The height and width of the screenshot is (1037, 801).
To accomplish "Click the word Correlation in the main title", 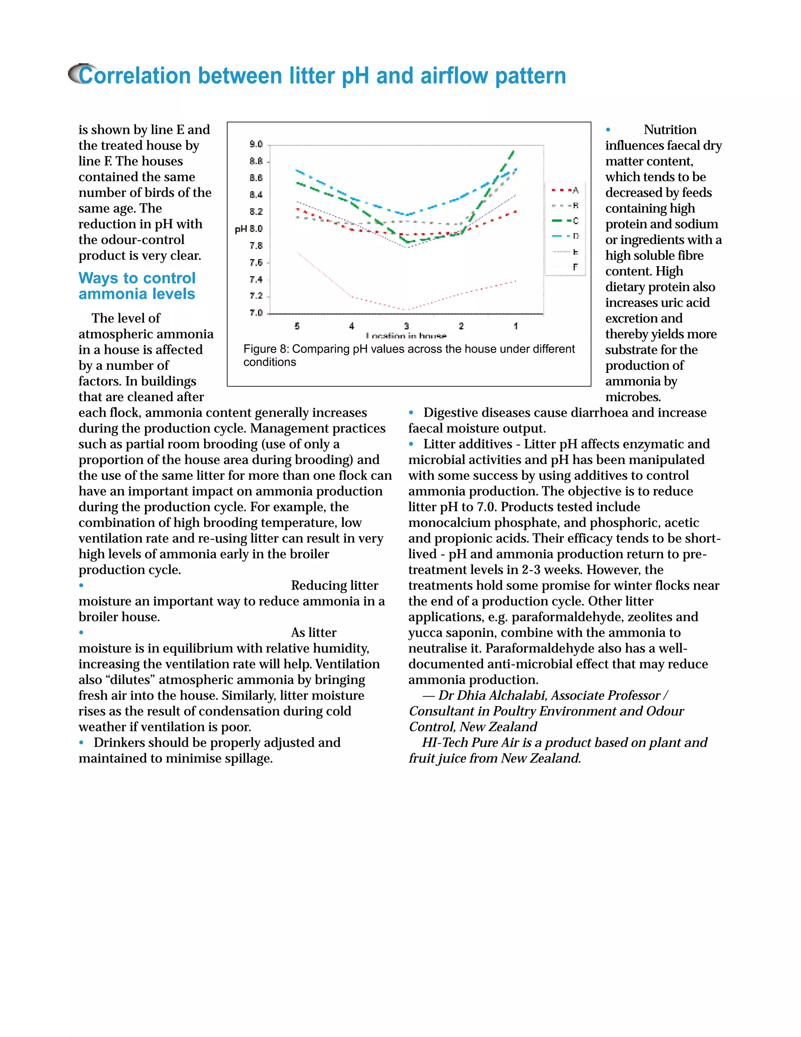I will click(x=133, y=76).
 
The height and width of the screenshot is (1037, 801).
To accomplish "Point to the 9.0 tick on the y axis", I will click(x=256, y=144).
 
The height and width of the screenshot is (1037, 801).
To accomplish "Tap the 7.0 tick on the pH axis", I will click(x=256, y=313).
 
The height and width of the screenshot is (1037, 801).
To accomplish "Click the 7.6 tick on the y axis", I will click(x=256, y=263).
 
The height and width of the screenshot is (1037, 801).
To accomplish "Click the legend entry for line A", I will click(x=565, y=191).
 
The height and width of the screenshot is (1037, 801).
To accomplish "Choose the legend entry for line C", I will click(x=565, y=221).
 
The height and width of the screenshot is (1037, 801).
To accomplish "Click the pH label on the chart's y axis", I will click(x=241, y=229).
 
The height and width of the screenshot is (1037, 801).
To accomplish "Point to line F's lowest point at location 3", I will click(x=407, y=310).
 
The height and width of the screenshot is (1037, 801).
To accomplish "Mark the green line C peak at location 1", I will click(x=514, y=151).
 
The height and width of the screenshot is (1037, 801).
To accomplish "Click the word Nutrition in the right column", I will click(x=670, y=130).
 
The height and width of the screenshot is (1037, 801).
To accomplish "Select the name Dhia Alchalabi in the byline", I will click(x=501, y=696).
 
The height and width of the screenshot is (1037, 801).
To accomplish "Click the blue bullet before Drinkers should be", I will click(x=82, y=743).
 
